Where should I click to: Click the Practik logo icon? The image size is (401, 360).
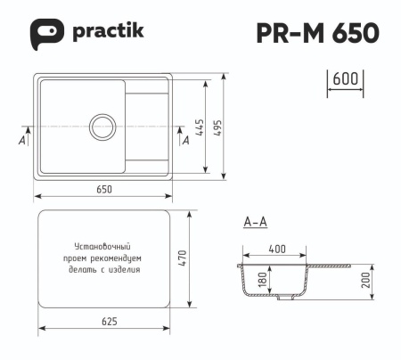click(x=47, y=32)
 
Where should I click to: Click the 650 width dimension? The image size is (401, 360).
click(x=104, y=189)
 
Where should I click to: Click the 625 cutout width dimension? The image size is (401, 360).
click(x=104, y=321)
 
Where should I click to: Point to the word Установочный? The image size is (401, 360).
click(x=102, y=246)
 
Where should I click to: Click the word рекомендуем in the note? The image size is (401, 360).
click(x=122, y=257)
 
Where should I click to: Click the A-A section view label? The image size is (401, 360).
click(x=254, y=223)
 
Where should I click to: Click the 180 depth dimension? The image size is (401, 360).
click(x=261, y=281)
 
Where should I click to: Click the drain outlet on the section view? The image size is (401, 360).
click(x=283, y=301)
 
